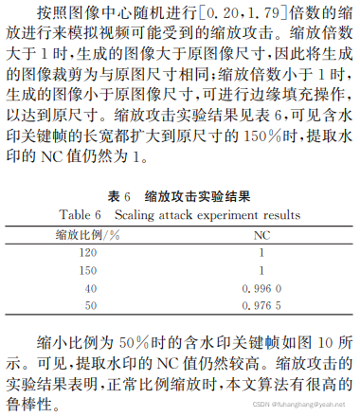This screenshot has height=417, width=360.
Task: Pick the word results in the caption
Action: tap(282, 213)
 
